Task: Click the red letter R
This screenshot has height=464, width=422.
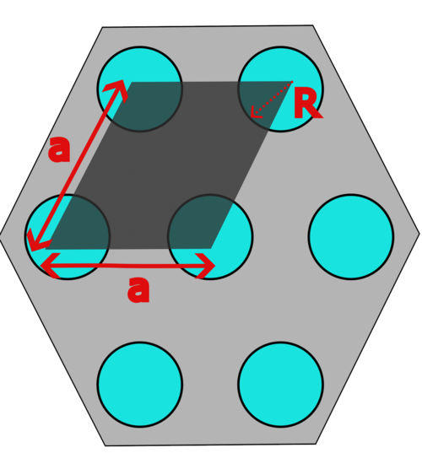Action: (x=307, y=104)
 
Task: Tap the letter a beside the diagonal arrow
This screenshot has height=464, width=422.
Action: (x=60, y=149)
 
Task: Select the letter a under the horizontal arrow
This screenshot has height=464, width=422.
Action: (x=138, y=289)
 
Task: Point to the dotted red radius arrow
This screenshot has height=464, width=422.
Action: (x=272, y=100)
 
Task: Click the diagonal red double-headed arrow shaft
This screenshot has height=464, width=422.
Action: (x=78, y=165)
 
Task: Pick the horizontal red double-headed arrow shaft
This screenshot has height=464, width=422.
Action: (x=127, y=266)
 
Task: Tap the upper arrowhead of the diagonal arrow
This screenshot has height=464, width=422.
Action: (x=118, y=89)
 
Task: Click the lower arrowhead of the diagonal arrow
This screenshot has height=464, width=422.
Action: (x=35, y=242)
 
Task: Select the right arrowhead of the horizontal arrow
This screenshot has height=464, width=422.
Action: (x=206, y=266)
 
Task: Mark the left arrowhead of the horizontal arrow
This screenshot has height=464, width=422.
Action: (x=49, y=266)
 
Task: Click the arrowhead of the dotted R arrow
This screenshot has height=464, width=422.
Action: (x=255, y=113)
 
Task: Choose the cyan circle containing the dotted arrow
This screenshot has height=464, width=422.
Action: (x=280, y=89)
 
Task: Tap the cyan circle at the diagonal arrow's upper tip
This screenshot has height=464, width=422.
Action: (x=140, y=89)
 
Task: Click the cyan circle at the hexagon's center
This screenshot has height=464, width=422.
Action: (x=210, y=237)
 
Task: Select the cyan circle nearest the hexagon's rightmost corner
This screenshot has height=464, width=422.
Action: (x=351, y=237)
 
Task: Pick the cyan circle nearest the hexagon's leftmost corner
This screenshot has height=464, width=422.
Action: (x=68, y=237)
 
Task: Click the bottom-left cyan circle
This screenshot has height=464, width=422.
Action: (x=140, y=385)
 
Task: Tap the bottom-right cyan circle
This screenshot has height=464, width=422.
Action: (x=280, y=385)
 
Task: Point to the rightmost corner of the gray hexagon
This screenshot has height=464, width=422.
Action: (x=419, y=234)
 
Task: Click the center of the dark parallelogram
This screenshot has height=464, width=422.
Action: (x=169, y=165)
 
